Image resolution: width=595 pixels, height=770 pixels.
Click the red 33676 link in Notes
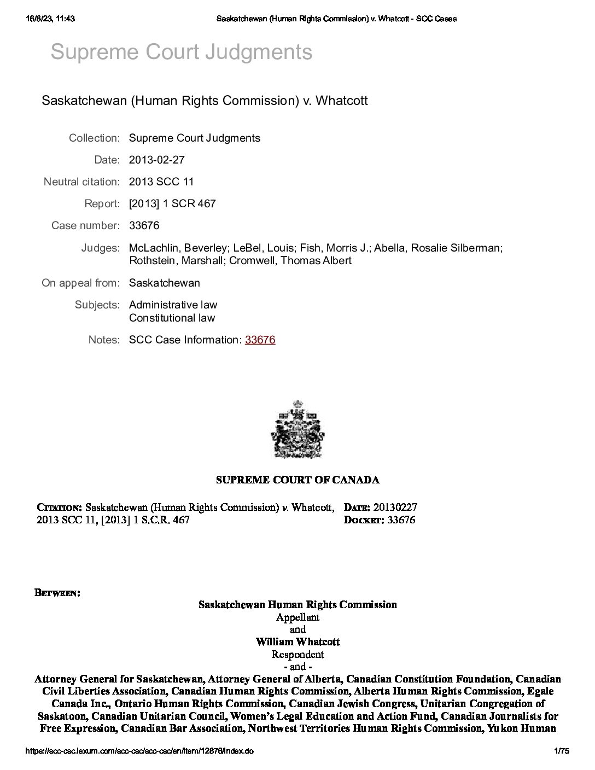point(260,340)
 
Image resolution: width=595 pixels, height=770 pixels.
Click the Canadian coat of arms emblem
point(297,429)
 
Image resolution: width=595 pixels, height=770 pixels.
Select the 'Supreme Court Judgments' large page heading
point(181,52)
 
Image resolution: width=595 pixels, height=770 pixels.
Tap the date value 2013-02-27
point(156,160)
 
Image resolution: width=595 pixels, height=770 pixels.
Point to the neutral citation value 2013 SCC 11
point(161,182)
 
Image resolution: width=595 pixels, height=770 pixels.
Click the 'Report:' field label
point(102,203)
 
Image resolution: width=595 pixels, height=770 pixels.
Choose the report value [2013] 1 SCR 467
point(172,203)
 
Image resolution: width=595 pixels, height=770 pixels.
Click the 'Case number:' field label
point(85,225)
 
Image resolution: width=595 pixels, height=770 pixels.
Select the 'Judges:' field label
point(100,248)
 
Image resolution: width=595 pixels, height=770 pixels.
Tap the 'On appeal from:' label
point(80,283)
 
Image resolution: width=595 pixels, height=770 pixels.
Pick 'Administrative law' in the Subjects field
point(173,305)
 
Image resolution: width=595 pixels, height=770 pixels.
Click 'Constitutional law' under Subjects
point(172,318)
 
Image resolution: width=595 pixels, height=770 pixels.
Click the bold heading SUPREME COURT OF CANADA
point(297,480)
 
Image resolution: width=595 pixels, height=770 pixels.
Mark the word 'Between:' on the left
point(58,592)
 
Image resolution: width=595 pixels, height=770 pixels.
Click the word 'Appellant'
point(297,617)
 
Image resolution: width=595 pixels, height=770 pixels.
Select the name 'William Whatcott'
point(297,641)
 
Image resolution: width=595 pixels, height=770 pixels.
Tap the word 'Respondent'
point(297,654)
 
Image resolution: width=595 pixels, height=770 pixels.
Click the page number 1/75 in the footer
point(562,751)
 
